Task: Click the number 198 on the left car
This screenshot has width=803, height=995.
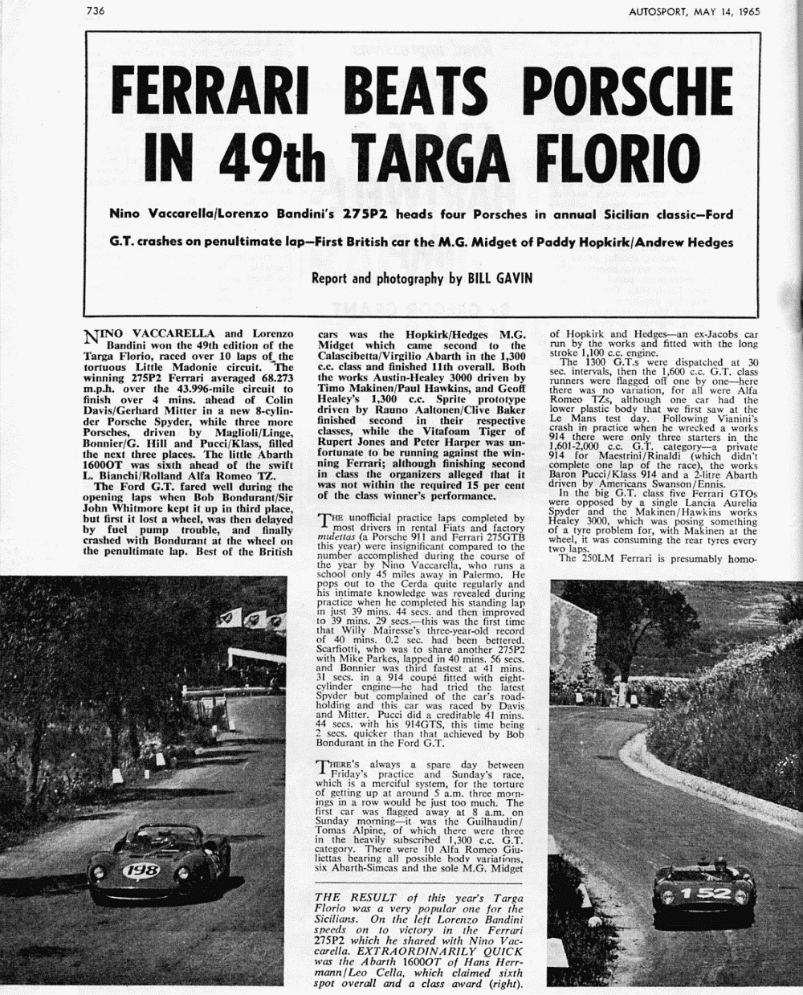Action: [141, 870]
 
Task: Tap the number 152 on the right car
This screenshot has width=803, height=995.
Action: [705, 892]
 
